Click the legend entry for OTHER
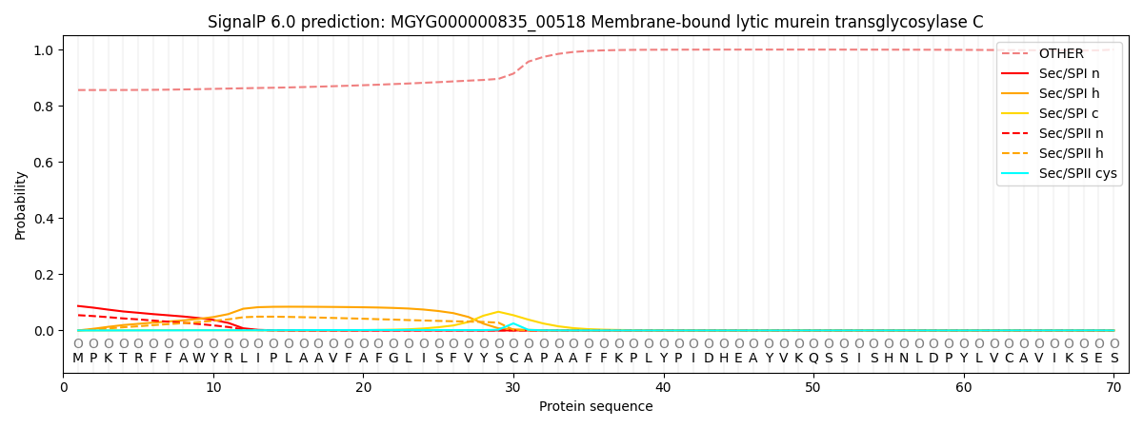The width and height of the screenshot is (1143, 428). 1059,54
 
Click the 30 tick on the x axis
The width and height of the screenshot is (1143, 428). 513,387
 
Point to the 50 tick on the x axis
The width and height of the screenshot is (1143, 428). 812,387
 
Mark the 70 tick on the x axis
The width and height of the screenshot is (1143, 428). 1113,387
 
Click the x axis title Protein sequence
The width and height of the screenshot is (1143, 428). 595,407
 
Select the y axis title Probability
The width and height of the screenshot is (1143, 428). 21,204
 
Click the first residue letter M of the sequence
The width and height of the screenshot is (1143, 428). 78,359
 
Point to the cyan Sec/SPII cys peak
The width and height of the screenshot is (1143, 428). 512,323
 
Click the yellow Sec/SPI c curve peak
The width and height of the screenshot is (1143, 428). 497,312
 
